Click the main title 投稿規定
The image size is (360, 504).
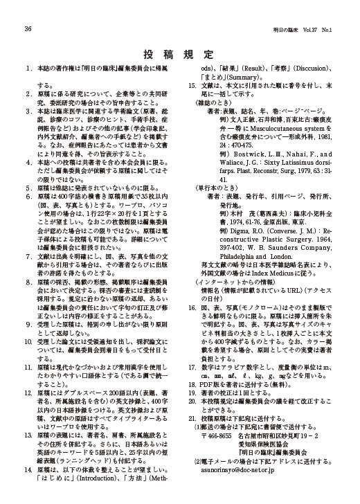click(x=179, y=53)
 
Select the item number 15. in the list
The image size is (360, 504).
click(x=195, y=85)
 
